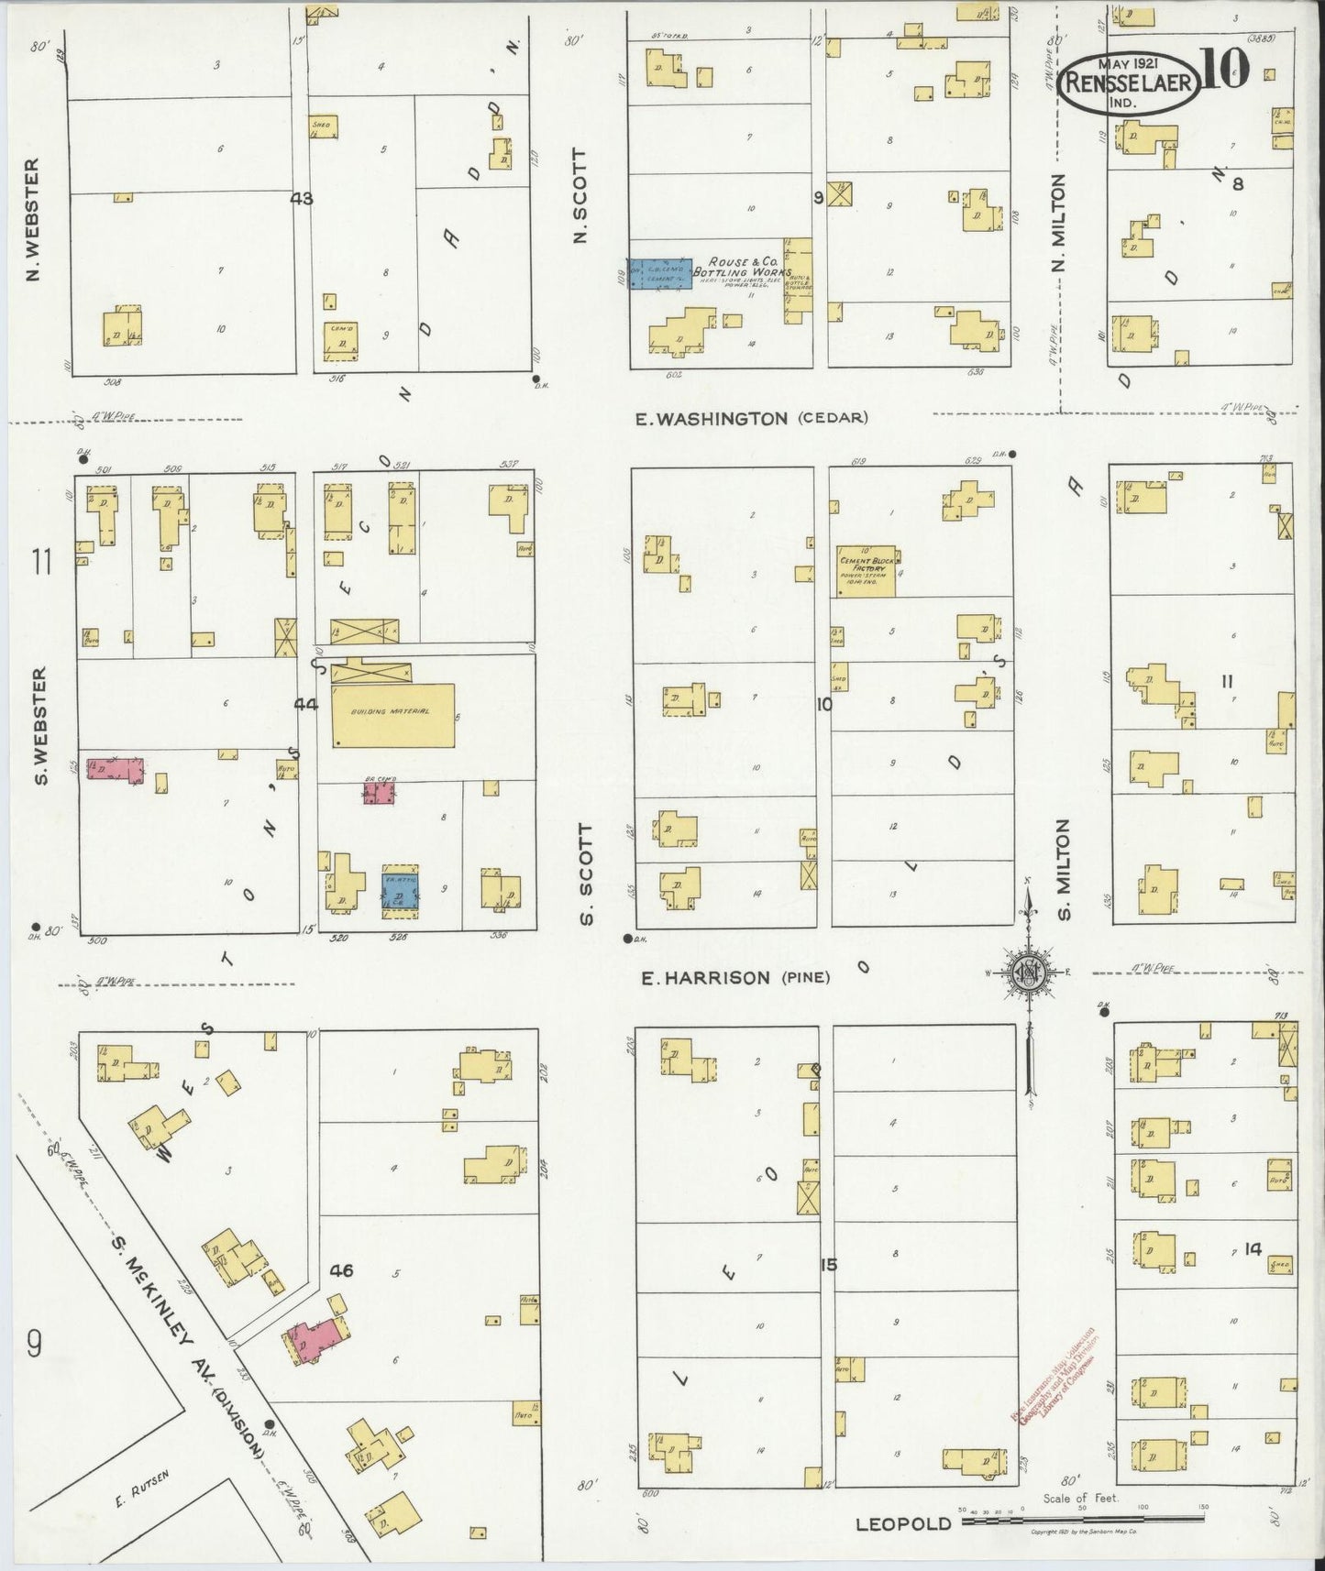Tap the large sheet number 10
1223,71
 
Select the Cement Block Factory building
866,570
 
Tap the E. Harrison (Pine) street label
734,978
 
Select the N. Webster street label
33,220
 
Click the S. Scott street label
587,874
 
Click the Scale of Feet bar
1082,1521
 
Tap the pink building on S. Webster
115,769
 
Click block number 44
305,704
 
